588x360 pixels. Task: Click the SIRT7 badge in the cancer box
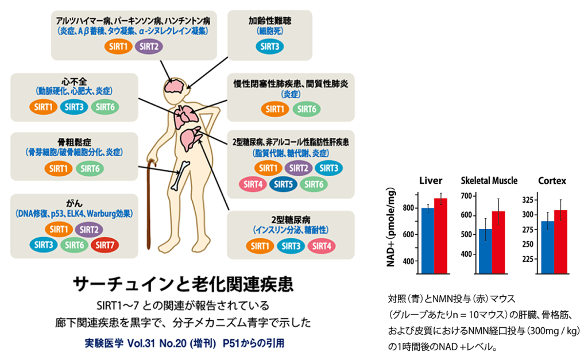point(105,245)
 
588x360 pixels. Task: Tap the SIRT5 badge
point(283,184)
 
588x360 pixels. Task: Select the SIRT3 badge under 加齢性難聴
point(270,47)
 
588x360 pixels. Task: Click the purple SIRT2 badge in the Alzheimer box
point(149,47)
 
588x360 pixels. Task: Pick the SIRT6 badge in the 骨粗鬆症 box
point(90,169)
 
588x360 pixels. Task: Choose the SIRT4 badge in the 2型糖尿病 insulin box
point(322,246)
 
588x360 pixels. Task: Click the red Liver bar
point(440,235)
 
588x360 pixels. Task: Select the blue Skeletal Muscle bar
point(486,251)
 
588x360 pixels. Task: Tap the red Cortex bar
point(560,242)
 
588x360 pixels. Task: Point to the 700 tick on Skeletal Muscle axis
point(466,196)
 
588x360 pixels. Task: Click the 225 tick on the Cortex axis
point(528,259)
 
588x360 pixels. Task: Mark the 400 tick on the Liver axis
point(408,261)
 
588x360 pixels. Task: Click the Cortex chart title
point(552,181)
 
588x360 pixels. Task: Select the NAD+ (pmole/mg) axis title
point(390,227)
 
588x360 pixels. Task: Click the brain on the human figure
point(175,86)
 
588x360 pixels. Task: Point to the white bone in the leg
point(180,176)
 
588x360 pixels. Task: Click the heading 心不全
point(74,82)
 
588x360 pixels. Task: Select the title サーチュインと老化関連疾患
point(183,284)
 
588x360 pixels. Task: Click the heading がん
point(74,203)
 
